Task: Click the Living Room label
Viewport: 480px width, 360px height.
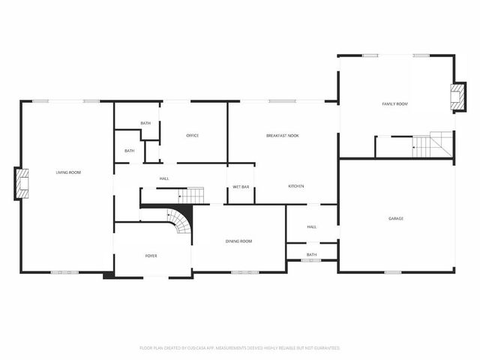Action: [68, 172]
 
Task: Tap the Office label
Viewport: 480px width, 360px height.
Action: [192, 136]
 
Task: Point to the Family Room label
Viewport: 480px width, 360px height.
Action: [394, 103]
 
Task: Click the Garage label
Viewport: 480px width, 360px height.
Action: [396, 218]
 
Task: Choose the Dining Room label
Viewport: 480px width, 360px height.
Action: [238, 241]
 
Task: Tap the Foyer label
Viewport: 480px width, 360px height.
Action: [151, 256]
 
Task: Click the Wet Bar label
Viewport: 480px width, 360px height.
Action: [241, 187]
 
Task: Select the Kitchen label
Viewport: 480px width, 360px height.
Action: [296, 186]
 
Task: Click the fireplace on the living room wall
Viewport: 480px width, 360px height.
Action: [22, 184]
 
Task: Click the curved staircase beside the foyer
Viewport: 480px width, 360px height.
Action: [180, 220]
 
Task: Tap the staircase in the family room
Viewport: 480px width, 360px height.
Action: [434, 145]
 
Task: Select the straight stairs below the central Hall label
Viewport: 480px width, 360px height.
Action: [192, 196]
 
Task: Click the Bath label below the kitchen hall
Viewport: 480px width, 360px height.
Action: [311, 255]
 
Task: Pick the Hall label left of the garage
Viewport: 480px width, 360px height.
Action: [312, 226]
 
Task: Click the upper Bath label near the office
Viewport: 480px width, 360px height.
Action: [145, 124]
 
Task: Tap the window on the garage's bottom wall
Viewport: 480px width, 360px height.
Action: [393, 272]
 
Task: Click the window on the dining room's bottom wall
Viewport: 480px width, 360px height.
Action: [244, 272]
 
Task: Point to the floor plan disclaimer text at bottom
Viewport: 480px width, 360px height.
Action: [240, 348]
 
